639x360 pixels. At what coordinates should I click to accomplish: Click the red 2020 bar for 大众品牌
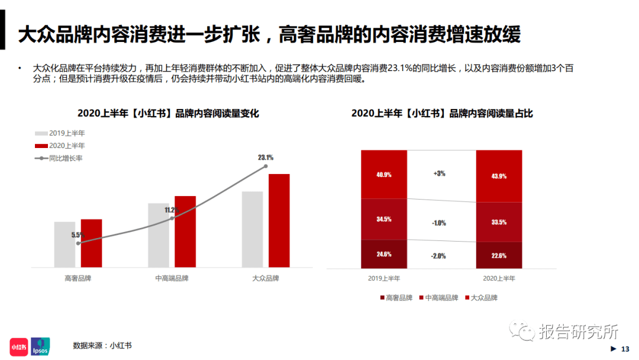tap(279, 221)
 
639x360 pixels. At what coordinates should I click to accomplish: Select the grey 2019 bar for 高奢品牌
tap(65, 245)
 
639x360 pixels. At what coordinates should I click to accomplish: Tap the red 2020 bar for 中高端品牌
tap(185, 232)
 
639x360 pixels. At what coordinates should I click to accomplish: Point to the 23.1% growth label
tap(266, 157)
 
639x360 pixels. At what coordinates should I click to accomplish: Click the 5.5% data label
tap(78, 235)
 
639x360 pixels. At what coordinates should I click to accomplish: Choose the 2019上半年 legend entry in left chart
tap(60, 133)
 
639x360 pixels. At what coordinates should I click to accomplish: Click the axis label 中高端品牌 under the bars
tap(172, 278)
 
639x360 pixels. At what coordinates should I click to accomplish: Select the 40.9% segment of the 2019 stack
tap(384, 175)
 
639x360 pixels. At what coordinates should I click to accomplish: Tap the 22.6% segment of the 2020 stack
tap(499, 255)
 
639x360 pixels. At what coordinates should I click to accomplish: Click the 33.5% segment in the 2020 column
tap(499, 222)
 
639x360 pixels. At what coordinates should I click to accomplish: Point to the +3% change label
tap(439, 173)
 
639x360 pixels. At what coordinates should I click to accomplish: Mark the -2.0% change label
tap(438, 256)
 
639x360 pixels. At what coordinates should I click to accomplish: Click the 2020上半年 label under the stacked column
tap(499, 278)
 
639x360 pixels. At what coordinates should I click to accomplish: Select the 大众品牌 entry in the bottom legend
tap(481, 298)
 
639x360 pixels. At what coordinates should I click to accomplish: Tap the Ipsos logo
tap(40, 346)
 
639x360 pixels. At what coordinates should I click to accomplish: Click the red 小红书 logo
tap(19, 347)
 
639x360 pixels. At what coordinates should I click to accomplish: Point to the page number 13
tap(625, 349)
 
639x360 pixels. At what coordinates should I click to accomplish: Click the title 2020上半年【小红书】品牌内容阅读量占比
tap(442, 113)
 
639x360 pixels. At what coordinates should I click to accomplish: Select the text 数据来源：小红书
tap(102, 346)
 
